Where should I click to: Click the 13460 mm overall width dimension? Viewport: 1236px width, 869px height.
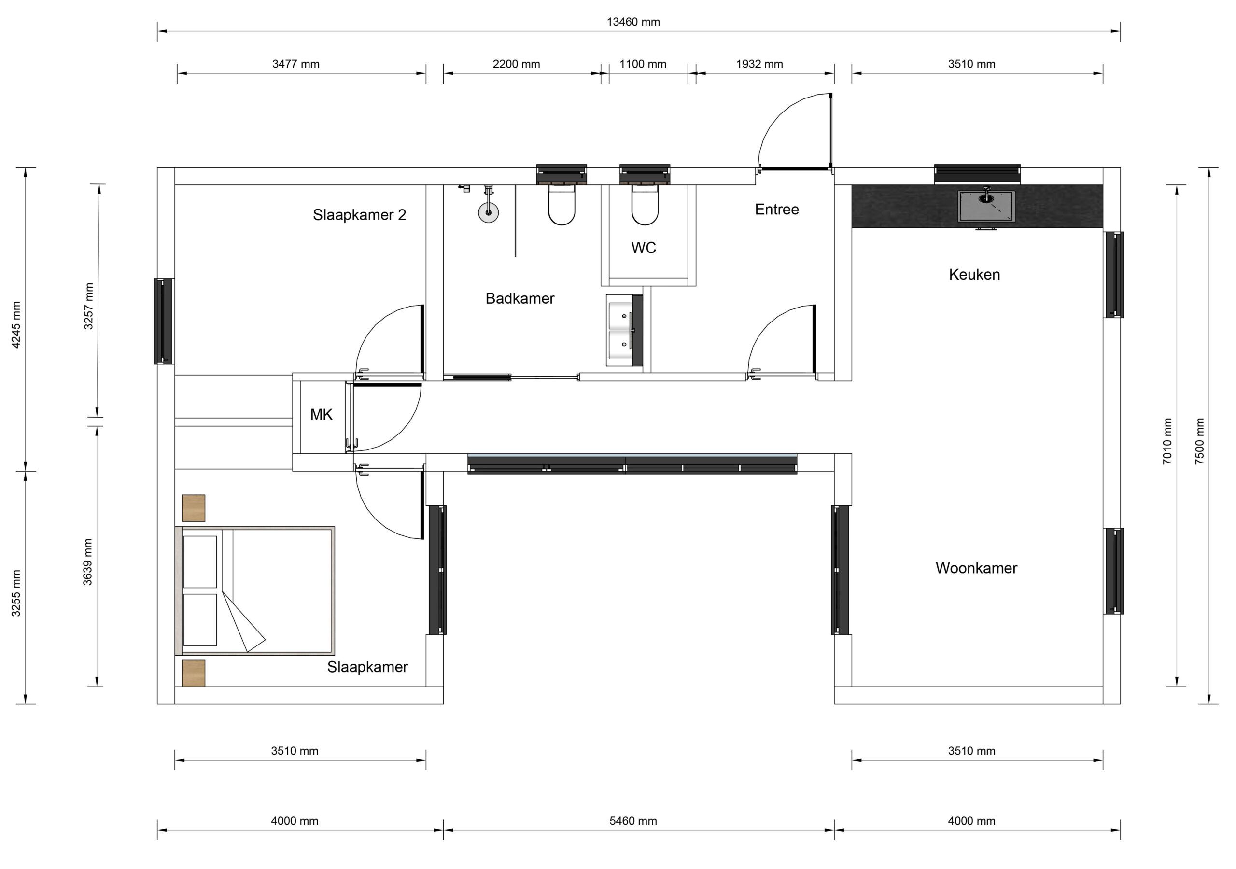coord(633,22)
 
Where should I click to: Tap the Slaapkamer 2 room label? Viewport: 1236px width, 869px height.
coord(359,215)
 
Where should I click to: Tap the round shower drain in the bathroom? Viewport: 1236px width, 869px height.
coord(488,212)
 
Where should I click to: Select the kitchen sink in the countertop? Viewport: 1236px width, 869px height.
coord(986,205)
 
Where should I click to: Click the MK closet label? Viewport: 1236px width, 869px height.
coord(322,415)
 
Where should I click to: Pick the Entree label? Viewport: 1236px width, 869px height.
coord(776,210)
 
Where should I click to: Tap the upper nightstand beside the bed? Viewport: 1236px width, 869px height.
coord(193,508)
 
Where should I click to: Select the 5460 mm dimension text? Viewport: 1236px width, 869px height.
coord(633,821)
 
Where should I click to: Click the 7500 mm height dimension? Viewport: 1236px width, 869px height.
coord(1200,441)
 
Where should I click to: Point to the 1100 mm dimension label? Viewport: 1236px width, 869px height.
coord(643,64)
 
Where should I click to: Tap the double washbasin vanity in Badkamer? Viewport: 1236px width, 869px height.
coord(624,330)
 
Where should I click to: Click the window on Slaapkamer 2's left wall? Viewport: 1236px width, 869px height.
coord(164,321)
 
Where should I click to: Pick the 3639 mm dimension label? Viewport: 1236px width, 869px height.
coord(88,561)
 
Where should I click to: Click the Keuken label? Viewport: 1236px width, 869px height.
coord(974,275)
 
